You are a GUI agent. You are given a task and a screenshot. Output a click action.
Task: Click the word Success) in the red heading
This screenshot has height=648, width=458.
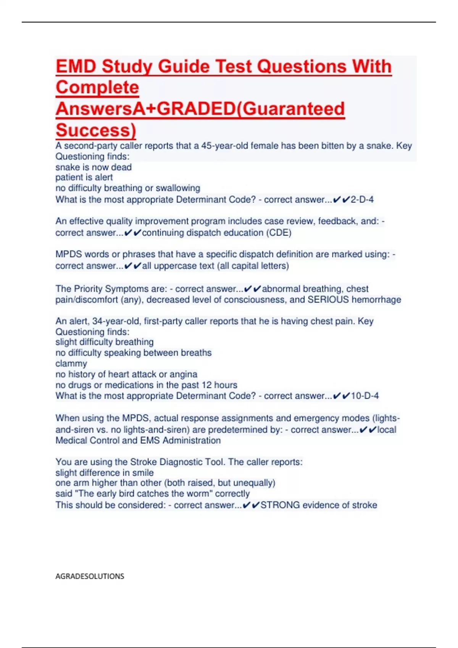96,130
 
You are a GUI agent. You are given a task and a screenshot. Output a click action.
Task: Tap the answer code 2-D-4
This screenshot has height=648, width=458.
362,199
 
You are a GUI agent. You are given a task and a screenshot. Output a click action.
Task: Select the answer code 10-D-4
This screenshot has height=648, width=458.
365,396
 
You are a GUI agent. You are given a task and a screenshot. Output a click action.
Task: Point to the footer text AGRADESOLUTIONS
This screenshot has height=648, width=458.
90,576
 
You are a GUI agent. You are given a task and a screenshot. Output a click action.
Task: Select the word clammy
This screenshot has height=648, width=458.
71,363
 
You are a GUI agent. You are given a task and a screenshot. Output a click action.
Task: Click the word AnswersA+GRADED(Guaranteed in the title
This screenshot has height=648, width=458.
200,109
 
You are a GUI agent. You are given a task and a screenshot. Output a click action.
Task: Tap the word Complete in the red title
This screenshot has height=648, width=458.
97,88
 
